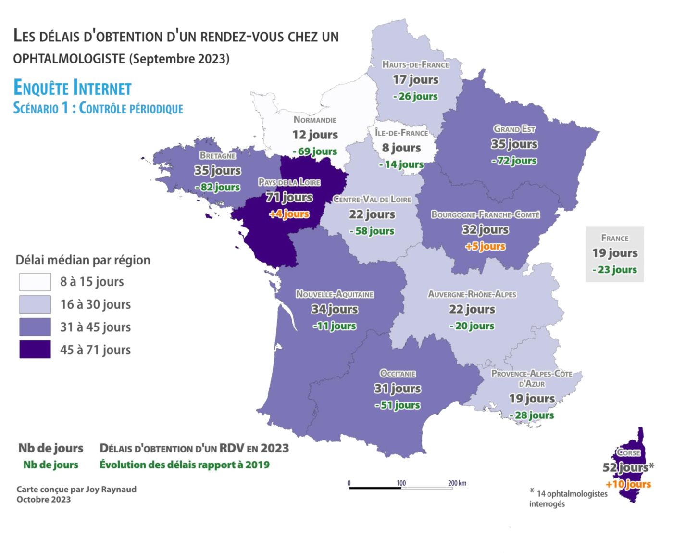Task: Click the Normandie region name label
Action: [x=315, y=120]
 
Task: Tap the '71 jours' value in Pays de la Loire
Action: [x=289, y=197]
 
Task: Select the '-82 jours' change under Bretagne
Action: [x=217, y=187]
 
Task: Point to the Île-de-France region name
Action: [x=401, y=133]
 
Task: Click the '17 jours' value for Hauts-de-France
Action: [x=415, y=79]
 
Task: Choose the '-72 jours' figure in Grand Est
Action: [x=514, y=161]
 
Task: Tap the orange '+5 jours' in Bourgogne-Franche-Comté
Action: [x=485, y=246]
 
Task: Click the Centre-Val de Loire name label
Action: [x=372, y=199]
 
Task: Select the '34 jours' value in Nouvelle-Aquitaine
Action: [x=334, y=309]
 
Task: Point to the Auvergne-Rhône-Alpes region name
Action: [x=472, y=294]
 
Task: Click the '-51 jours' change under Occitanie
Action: [x=398, y=405]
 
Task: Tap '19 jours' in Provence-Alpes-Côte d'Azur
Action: [x=532, y=399]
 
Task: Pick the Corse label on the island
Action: [x=628, y=452]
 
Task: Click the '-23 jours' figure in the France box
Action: [x=614, y=270]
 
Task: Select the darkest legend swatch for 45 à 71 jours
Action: [x=35, y=350]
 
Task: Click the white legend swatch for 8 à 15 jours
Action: [x=35, y=282]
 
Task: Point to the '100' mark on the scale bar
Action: [x=401, y=483]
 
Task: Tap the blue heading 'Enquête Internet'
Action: [x=73, y=88]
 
